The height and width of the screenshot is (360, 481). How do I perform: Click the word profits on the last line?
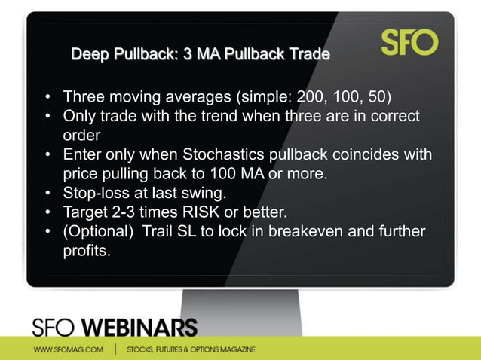(86, 250)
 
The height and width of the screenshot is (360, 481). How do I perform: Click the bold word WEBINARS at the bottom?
(139, 328)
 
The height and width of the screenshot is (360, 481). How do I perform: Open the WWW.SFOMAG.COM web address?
(69, 349)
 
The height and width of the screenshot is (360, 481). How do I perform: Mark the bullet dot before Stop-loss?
(47, 194)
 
